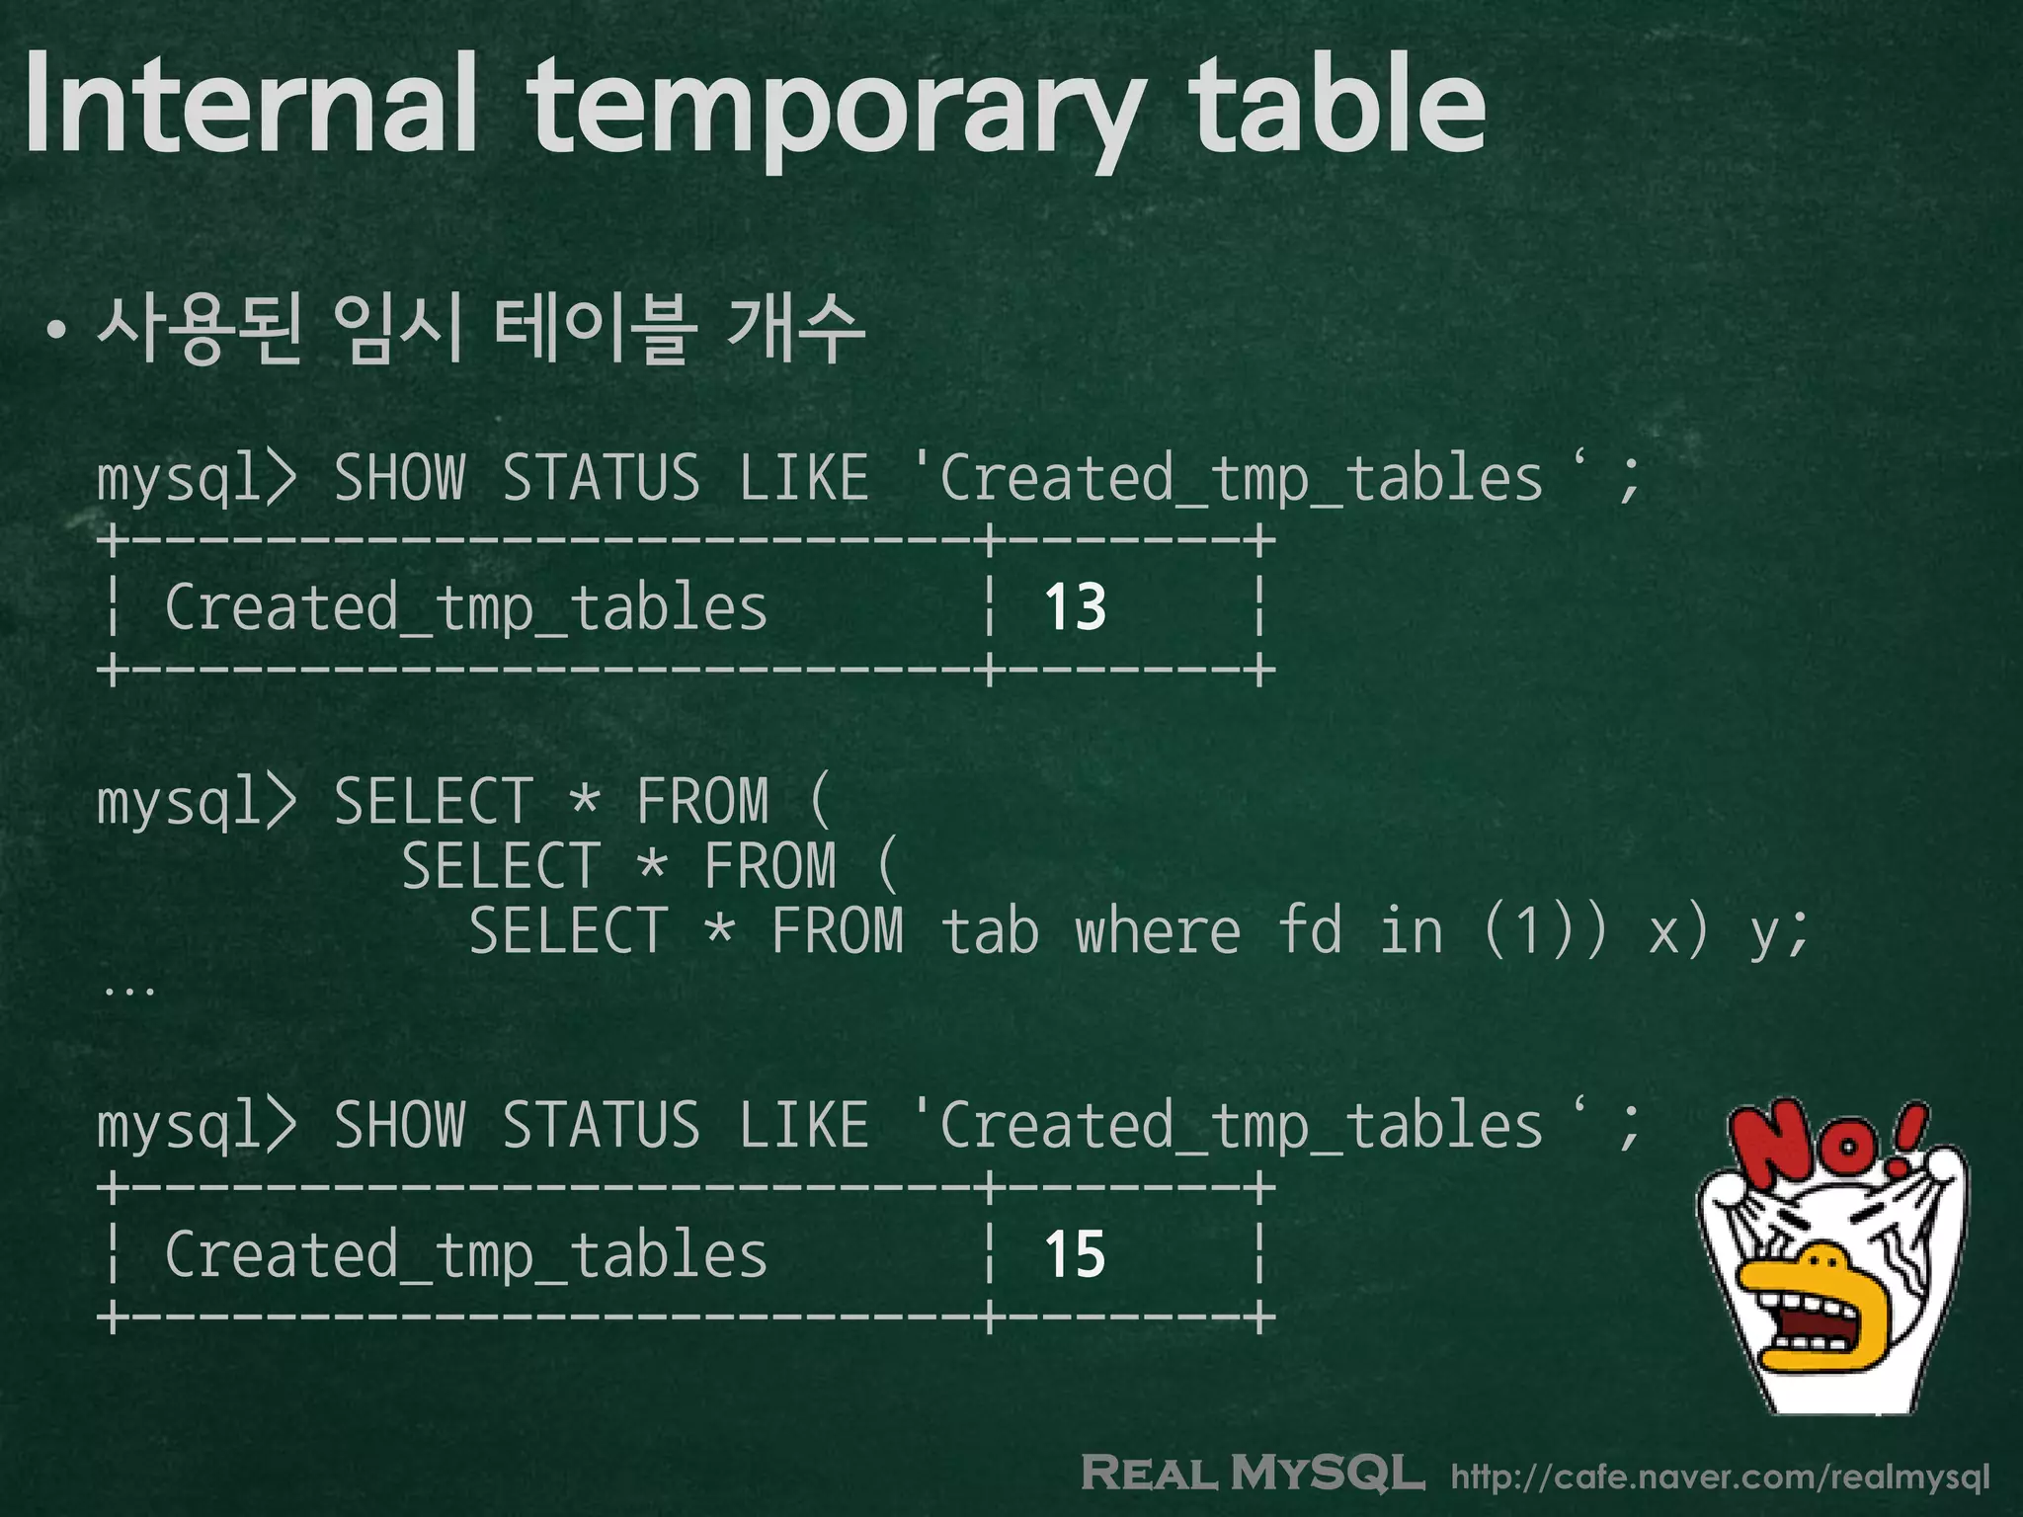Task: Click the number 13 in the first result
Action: coord(1075,606)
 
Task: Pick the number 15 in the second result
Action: coord(1075,1254)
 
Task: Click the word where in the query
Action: coord(1157,932)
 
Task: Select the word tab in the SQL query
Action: coord(989,932)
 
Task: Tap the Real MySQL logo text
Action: coord(1253,1473)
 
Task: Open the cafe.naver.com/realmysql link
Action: coord(1720,1477)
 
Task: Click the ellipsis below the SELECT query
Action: coord(128,989)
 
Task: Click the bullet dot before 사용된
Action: coord(57,332)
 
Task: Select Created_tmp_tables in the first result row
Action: coord(465,608)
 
